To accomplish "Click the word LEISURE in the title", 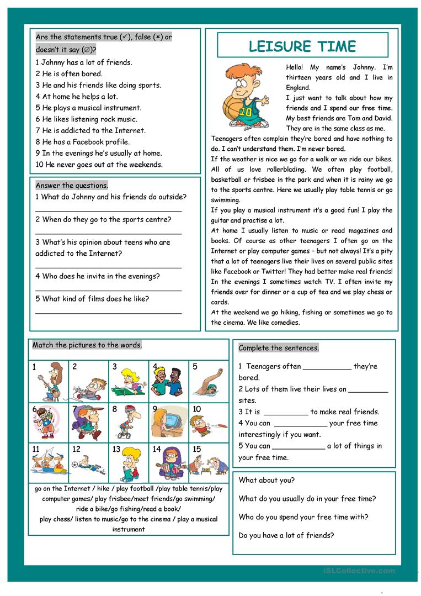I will click(274, 46).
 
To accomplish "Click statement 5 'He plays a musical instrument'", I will click(88, 108).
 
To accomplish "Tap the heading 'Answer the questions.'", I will click(72, 186).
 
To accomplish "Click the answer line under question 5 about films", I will click(109, 313).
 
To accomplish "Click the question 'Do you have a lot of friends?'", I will click(286, 535).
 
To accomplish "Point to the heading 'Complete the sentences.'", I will click(279, 348).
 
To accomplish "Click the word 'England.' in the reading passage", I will click(298, 87).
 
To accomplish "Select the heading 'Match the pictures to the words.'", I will click(87, 345).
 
